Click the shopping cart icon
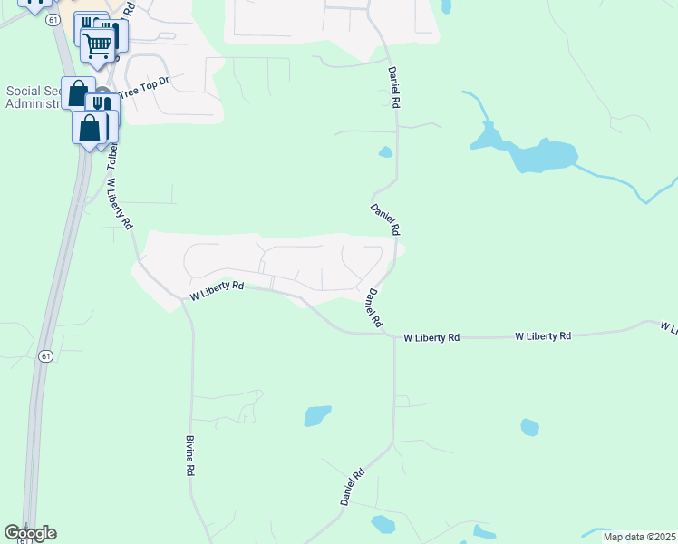97,44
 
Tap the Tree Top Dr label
144,86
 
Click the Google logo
30,533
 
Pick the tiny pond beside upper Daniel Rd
385,151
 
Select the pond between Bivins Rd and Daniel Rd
317,415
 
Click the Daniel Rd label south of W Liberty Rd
353,487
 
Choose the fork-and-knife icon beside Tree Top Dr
103,105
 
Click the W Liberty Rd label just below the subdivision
218,289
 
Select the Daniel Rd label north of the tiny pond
393,88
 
